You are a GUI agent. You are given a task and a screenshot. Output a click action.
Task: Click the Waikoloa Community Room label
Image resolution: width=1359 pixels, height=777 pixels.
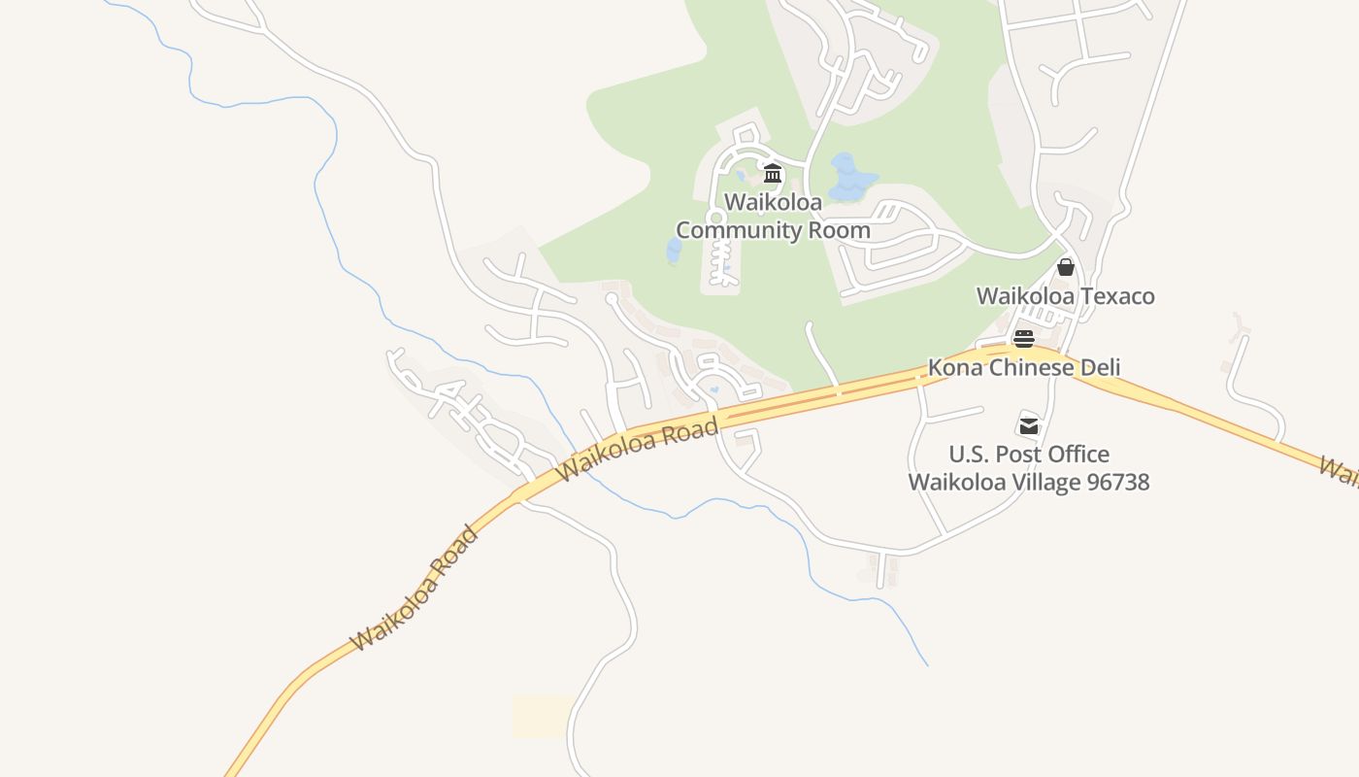click(x=773, y=217)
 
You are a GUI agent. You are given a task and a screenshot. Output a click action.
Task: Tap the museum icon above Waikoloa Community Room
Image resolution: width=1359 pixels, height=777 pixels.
click(x=773, y=174)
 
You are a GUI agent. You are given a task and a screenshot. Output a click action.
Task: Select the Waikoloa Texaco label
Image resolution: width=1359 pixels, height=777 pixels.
click(x=1065, y=296)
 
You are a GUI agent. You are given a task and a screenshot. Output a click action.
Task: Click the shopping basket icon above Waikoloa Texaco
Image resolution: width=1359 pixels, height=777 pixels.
click(x=1066, y=267)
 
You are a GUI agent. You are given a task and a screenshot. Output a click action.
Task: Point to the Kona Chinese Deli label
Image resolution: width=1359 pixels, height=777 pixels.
click(x=1024, y=368)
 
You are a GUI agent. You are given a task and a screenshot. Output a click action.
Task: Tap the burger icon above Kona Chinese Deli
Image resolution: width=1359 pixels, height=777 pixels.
click(x=1024, y=339)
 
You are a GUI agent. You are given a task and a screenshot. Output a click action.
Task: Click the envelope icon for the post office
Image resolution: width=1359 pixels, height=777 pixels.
click(x=1028, y=425)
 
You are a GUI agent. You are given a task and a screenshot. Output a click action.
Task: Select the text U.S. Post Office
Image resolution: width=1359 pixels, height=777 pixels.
click(x=1028, y=455)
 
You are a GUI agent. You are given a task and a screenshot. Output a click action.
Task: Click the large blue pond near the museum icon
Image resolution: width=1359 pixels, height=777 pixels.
click(x=850, y=179)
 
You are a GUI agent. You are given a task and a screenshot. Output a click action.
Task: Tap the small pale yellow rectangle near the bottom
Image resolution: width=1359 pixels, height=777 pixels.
click(x=543, y=716)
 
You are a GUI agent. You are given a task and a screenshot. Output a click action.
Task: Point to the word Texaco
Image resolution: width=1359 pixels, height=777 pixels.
click(x=1119, y=296)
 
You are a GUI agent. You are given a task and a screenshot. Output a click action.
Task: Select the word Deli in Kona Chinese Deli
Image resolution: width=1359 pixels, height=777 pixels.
click(x=1100, y=368)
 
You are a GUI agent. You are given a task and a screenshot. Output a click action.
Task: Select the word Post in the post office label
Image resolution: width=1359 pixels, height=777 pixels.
click(x=1011, y=455)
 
